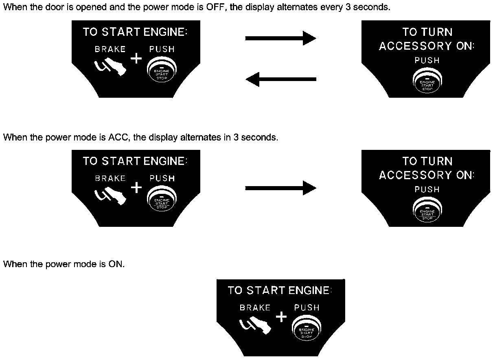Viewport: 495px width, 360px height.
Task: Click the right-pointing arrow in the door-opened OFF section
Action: [x=280, y=38]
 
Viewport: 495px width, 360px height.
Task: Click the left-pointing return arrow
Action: [x=281, y=79]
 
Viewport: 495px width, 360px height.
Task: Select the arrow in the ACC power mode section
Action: [x=280, y=188]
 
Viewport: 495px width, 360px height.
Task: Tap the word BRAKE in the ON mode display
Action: [x=255, y=308]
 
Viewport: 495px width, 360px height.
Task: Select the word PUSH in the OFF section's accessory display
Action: [x=427, y=60]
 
